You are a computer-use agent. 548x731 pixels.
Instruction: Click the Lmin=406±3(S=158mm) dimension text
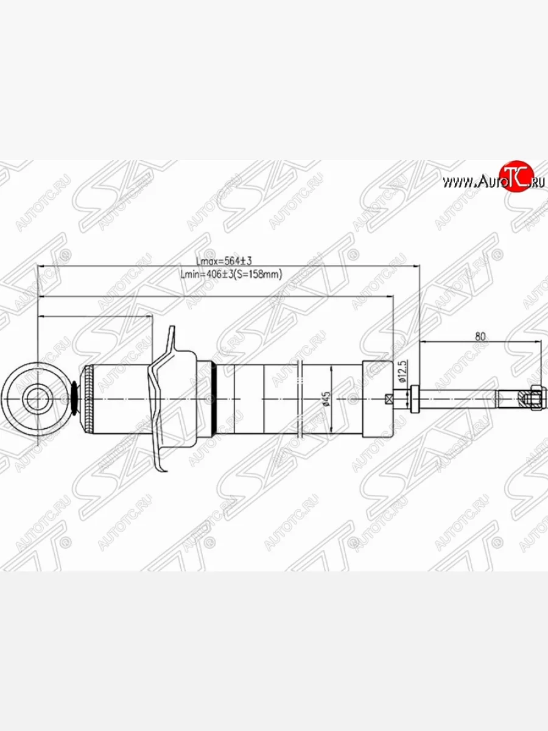[x=231, y=275]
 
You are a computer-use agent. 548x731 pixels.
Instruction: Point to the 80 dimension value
[x=480, y=336]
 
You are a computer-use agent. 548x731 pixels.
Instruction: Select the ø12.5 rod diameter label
[x=402, y=372]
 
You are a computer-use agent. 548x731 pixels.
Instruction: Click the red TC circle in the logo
[x=516, y=177]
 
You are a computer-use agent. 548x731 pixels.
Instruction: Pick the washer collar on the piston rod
[x=415, y=399]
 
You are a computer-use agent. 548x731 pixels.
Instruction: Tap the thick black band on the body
[x=213, y=399]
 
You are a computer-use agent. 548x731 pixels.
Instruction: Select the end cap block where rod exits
[x=378, y=399]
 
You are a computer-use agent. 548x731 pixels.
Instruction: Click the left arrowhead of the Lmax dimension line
[x=40, y=266]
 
